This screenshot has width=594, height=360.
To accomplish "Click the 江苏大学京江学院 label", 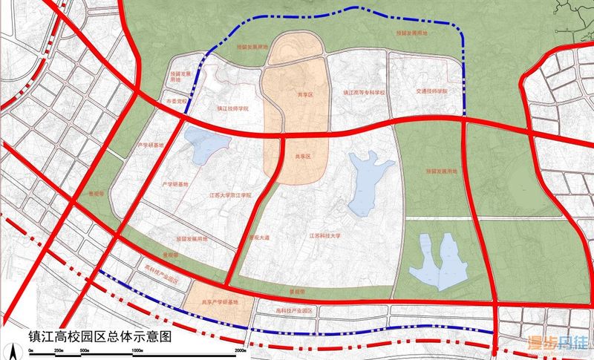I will (x=230, y=194).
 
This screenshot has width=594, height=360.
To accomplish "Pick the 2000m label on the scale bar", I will (x=239, y=349).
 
